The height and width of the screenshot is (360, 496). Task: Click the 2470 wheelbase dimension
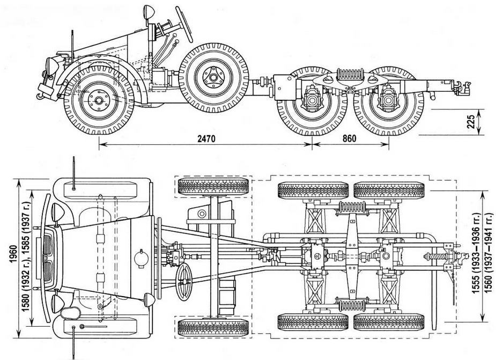[x=205, y=138]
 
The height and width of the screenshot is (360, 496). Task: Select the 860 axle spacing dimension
[x=349, y=138]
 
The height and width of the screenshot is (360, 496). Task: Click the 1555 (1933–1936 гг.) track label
[x=475, y=252]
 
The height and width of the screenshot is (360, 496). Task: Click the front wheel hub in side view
[x=98, y=100]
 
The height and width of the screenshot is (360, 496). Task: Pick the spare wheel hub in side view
[x=213, y=78]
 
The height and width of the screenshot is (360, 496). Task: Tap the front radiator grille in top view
[x=47, y=252]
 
